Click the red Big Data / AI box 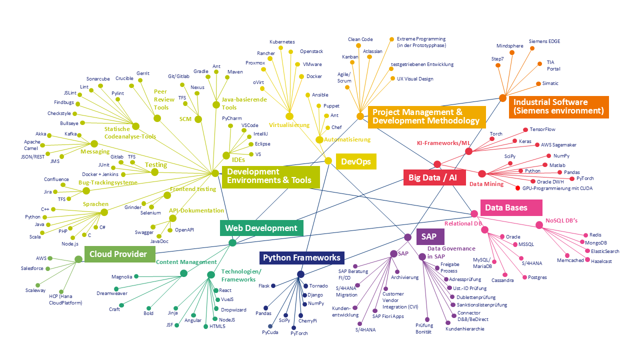point(434,177)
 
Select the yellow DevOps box point(356,161)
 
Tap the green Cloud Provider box point(118,254)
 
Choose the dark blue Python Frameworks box point(301,258)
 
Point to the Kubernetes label point(282,42)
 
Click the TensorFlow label point(542,129)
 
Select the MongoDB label point(596,243)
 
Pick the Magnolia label point(121,276)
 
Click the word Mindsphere point(510,46)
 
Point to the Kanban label point(350,57)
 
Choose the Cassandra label point(502,280)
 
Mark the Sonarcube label point(98,79)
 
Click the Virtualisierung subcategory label point(289,125)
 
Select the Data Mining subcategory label point(486,184)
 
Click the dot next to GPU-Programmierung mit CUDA point(518,188)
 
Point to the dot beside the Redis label point(585,235)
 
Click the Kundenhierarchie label point(464,329)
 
